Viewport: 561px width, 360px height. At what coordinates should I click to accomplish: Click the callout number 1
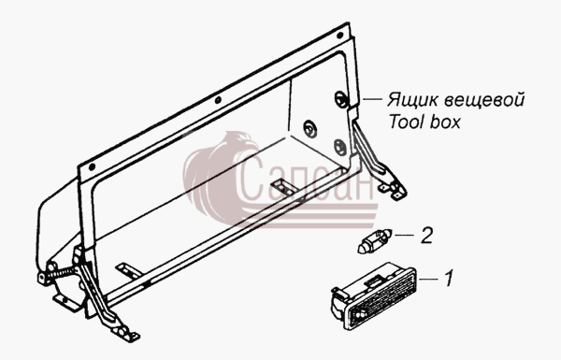click(449, 278)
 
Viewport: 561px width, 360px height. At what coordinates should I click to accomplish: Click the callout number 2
click(426, 235)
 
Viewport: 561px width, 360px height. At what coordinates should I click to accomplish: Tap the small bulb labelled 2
click(375, 241)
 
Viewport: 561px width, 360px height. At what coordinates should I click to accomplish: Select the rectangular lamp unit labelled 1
click(374, 295)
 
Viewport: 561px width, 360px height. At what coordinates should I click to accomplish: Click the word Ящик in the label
click(412, 100)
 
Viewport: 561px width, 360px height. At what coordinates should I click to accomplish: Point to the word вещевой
click(484, 99)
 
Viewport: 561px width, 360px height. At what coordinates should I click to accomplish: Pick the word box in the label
click(445, 122)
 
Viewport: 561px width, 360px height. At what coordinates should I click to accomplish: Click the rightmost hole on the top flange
click(340, 36)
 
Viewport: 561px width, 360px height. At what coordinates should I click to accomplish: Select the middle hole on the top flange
click(218, 100)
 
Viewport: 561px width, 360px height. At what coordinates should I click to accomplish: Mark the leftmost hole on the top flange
click(92, 166)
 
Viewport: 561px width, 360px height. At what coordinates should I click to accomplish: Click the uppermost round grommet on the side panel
click(340, 98)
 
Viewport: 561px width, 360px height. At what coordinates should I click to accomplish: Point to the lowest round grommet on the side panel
click(339, 146)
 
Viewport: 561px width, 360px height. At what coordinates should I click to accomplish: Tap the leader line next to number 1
click(428, 279)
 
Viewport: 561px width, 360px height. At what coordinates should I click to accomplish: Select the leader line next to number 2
click(404, 235)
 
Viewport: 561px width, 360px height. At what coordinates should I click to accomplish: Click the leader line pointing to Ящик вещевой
click(372, 98)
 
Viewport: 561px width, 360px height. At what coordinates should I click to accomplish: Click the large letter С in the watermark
click(251, 179)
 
